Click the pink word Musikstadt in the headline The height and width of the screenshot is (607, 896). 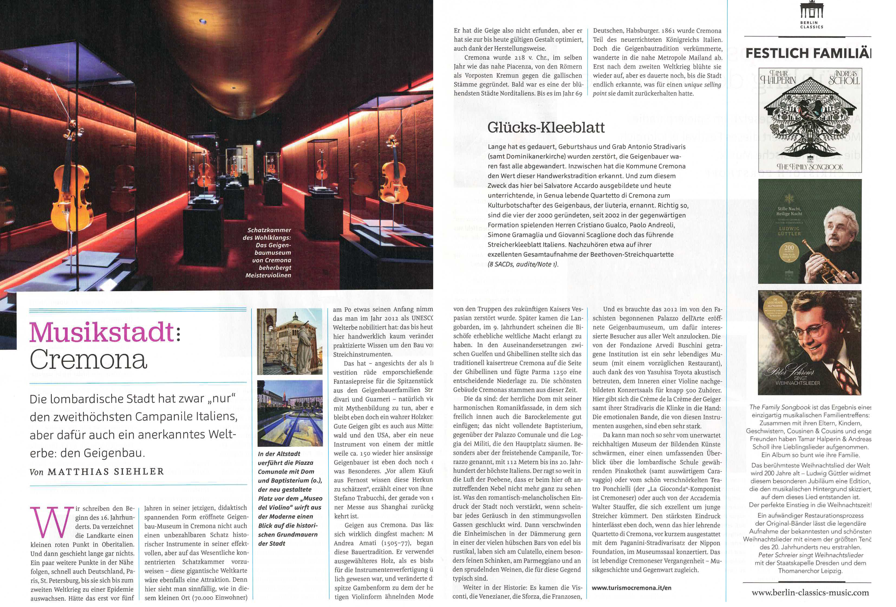102,332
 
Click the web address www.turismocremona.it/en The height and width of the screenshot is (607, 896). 632,588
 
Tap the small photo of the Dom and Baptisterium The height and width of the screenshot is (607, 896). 290,342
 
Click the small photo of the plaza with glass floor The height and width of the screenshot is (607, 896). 290,413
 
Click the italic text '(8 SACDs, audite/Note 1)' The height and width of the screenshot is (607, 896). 523,264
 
